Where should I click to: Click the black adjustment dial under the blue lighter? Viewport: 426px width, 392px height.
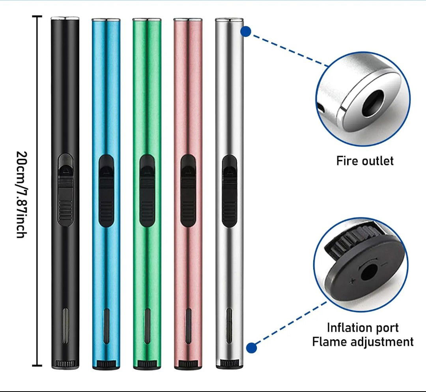106,364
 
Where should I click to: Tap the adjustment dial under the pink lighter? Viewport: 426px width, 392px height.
188,364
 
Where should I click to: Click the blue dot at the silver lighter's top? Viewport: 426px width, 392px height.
246,32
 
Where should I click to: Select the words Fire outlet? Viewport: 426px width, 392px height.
365,161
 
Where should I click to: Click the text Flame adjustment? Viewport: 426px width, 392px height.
363,341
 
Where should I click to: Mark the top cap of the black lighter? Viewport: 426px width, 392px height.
65,19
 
